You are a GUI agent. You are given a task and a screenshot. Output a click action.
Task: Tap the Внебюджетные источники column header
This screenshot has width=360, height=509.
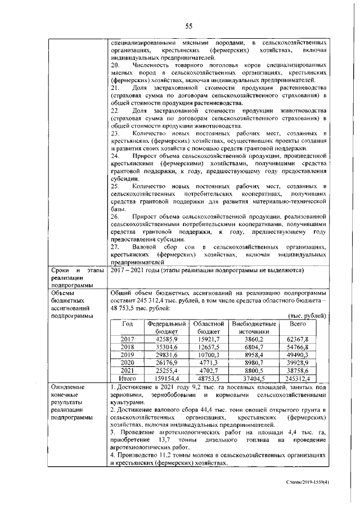coord(254,328)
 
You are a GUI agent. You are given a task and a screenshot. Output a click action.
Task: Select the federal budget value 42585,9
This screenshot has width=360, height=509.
coord(166,339)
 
